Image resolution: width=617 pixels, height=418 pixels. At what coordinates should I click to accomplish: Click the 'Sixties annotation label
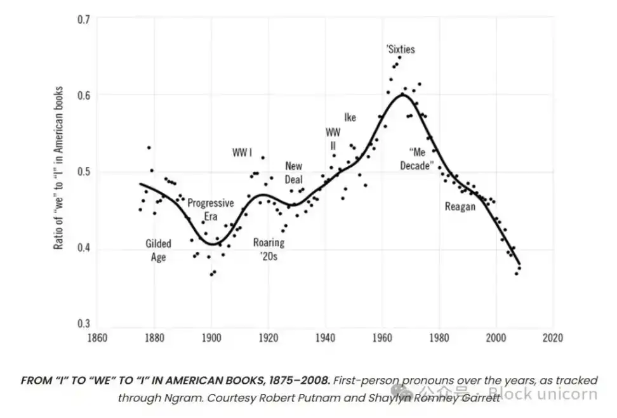(x=401, y=49)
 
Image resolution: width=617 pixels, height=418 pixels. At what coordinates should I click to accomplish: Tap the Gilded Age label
(x=158, y=250)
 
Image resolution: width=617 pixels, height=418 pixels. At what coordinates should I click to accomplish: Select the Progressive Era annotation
(x=211, y=209)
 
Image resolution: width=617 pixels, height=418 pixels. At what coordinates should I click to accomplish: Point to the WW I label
(x=242, y=153)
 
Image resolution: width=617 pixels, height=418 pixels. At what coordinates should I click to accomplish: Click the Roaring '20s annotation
(x=269, y=249)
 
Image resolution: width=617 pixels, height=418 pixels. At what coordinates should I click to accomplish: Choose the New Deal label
(x=294, y=173)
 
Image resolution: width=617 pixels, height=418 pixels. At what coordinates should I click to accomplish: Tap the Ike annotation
(x=350, y=117)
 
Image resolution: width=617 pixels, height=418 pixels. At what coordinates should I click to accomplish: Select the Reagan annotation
(x=460, y=206)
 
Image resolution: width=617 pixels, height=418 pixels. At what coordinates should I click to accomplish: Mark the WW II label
(x=333, y=138)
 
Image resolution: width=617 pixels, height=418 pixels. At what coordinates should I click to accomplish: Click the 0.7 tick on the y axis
(x=84, y=20)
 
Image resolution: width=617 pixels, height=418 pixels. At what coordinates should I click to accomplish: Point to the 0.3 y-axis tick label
(x=84, y=323)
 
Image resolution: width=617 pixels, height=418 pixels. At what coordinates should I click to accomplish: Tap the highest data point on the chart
(x=399, y=57)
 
